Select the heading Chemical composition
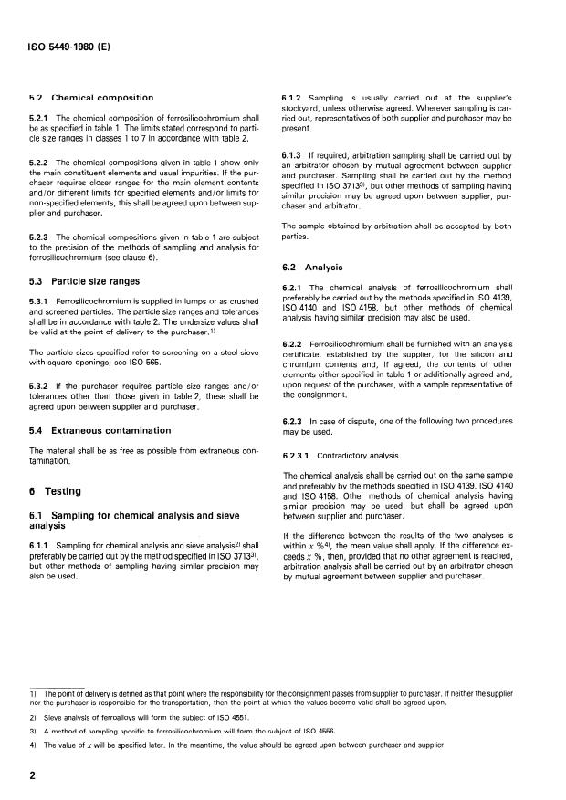102,97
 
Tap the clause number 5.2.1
41,117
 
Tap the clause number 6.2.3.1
300,454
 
